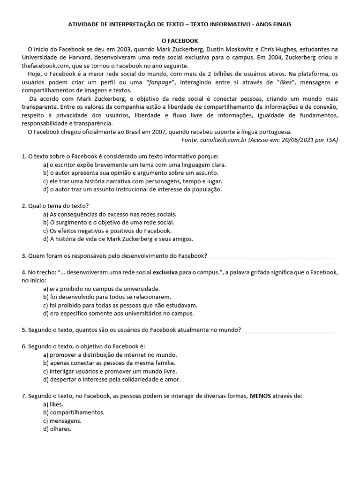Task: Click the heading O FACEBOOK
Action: (180, 41)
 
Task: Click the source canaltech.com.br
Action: (224, 140)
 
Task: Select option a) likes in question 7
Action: (53, 404)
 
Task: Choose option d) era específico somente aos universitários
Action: (118, 313)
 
